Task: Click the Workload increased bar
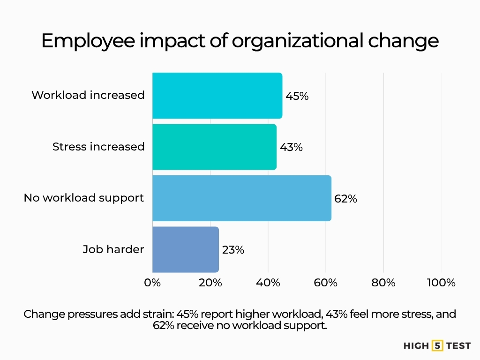pyautogui.click(x=217, y=96)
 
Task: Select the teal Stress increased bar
pyautogui.click(x=214, y=147)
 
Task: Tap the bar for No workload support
pyautogui.click(x=241, y=198)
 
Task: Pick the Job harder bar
pyautogui.click(x=185, y=249)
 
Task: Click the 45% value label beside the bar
pyautogui.click(x=297, y=96)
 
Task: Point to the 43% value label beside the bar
pyautogui.click(x=291, y=147)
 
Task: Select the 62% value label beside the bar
pyautogui.click(x=345, y=199)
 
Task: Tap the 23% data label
pyautogui.click(x=233, y=250)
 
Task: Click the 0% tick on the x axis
pyautogui.click(x=152, y=283)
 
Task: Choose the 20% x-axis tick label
pyautogui.click(x=210, y=283)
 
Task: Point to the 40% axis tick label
pyautogui.click(x=268, y=283)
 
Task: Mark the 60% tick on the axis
pyautogui.click(x=326, y=283)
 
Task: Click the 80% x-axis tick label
pyautogui.click(x=383, y=283)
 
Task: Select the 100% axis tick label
pyautogui.click(x=441, y=283)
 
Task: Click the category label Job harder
pyautogui.click(x=113, y=249)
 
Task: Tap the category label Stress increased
pyautogui.click(x=98, y=147)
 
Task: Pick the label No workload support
pyautogui.click(x=84, y=198)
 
